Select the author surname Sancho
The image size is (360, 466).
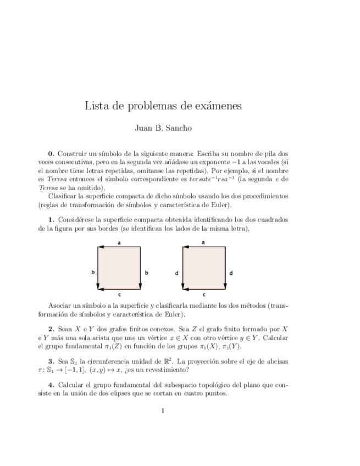point(178,129)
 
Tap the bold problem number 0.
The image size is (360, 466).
point(51,155)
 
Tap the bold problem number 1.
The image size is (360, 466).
point(51,220)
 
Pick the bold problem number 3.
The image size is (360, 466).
point(51,361)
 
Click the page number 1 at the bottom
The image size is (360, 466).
point(163,410)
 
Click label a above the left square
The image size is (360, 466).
point(119,242)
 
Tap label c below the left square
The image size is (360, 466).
point(119,295)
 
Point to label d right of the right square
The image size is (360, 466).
point(231,272)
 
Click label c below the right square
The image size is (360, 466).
point(204,295)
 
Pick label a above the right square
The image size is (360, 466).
point(204,242)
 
